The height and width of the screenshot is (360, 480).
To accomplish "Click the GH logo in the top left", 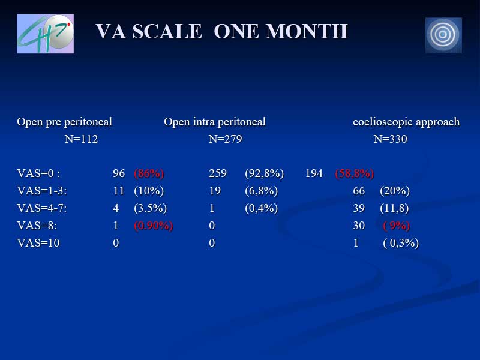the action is tap(46, 34).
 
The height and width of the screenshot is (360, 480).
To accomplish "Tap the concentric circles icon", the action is tap(443, 35).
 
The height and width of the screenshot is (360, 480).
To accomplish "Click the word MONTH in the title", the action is tap(307, 31).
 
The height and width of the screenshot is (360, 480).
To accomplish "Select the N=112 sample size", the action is tap(82, 139).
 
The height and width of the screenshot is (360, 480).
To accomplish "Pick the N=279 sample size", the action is tap(226, 139).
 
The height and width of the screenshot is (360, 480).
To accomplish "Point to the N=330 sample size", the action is tap(391, 139).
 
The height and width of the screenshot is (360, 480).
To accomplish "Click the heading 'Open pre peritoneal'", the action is tap(65, 122).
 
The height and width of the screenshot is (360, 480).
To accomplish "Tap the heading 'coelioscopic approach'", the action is tap(406, 122).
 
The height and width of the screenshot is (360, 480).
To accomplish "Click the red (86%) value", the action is tap(149, 173).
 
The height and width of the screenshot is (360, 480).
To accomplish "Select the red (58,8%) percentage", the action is tap(355, 173).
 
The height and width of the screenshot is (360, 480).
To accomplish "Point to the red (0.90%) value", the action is tap(154, 226).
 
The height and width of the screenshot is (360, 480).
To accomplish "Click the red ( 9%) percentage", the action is tap(397, 226).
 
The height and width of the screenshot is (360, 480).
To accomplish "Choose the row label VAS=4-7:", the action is tap(42, 208).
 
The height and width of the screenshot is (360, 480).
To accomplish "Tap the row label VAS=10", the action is tap(38, 243).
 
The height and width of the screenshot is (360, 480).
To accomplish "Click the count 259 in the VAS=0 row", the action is tap(218, 173).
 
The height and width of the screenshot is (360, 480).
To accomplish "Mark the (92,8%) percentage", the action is tap(264, 173).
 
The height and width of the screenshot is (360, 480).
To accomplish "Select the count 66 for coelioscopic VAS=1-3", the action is tap(359, 191).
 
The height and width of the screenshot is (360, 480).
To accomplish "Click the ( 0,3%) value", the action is tap(401, 243).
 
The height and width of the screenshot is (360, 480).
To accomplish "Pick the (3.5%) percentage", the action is tap(151, 208).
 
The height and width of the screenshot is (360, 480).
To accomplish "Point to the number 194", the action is tap(314, 173).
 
